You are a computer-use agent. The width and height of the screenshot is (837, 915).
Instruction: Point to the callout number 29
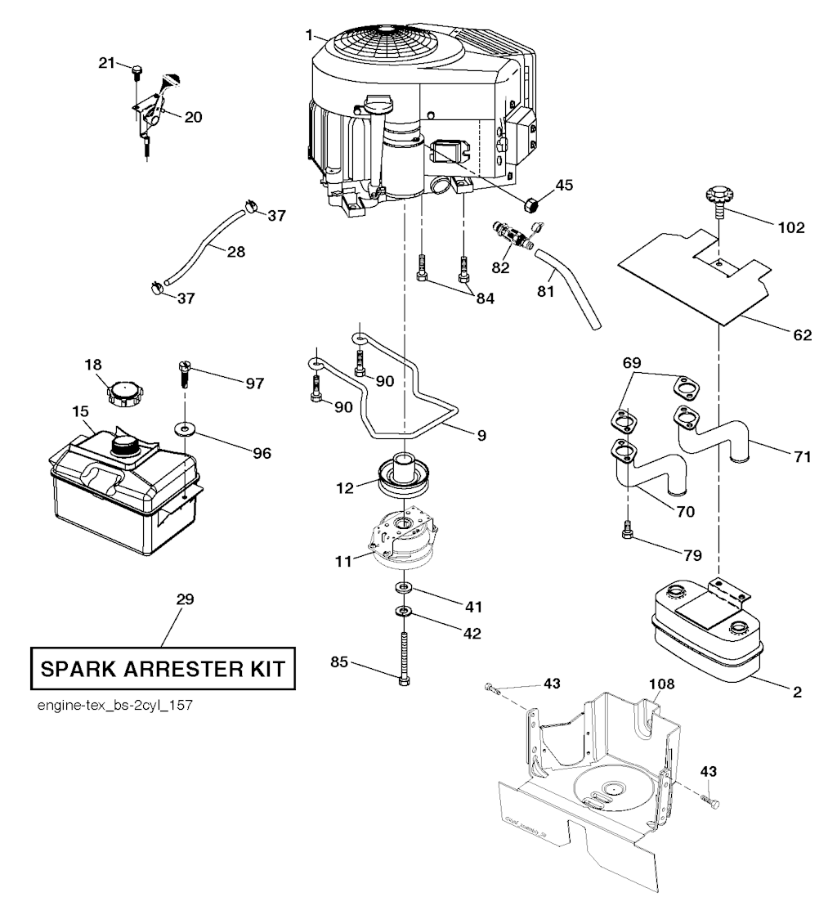(185, 599)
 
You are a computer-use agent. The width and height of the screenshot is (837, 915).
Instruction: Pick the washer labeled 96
(186, 428)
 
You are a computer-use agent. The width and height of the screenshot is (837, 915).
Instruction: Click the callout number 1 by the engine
(310, 36)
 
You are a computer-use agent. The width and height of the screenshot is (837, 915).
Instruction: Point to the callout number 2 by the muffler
(796, 691)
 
